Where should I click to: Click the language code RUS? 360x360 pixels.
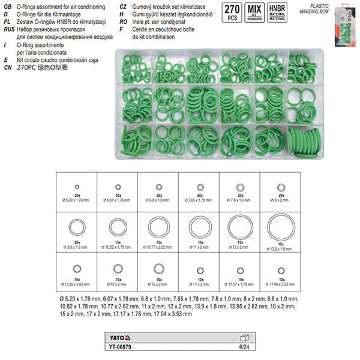click(x=8, y=28)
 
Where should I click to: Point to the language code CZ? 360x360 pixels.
click(x=124, y=5)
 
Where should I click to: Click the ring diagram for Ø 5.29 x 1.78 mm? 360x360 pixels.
click(x=76, y=186)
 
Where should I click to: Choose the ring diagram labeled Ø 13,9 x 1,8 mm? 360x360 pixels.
click(x=280, y=227)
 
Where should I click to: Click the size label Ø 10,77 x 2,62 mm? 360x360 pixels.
click(x=158, y=247)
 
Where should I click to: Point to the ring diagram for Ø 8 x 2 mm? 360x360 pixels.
click(x=280, y=187)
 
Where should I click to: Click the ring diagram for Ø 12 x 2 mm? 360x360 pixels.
click(x=239, y=227)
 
